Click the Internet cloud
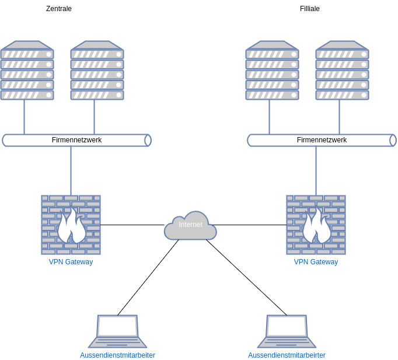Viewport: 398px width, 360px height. [190, 226]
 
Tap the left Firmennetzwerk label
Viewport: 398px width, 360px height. [76, 140]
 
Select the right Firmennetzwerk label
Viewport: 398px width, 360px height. [322, 140]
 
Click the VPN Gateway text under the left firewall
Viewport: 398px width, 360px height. [71, 262]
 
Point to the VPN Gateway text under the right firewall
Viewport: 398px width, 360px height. [316, 262]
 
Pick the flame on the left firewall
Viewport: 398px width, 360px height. [71, 226]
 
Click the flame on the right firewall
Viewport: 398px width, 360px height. [316, 226]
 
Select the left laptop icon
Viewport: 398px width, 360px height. [117, 331]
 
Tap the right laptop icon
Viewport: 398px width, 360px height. [287, 331]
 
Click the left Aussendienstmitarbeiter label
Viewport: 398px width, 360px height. [117, 355]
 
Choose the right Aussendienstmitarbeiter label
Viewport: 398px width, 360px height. [287, 355]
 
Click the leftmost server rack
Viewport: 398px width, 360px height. [27, 70]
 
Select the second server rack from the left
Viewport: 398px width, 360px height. [97, 70]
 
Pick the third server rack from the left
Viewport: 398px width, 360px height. [272, 70]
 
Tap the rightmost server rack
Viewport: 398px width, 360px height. [342, 70]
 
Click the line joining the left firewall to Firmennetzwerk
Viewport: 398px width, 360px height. [71, 170]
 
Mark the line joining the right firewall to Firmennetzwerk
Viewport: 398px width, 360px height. [316, 170]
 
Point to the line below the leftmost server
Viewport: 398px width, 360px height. [25, 117]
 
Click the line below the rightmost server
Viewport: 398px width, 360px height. [340, 117]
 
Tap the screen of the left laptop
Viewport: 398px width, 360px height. [117, 326]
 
